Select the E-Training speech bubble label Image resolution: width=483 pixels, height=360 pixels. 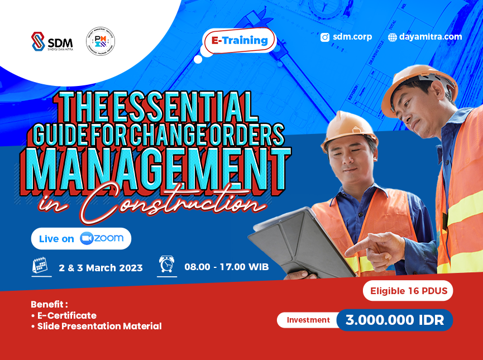[x=240, y=41]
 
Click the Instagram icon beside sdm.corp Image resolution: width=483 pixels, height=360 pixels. [x=325, y=37]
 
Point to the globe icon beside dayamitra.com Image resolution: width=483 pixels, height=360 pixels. [x=393, y=37]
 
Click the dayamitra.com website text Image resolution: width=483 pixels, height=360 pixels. [x=431, y=37]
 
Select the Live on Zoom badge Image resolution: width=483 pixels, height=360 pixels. [x=81, y=238]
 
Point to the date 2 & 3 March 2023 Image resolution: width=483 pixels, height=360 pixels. [x=101, y=268]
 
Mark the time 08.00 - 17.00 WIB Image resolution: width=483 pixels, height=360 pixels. [x=227, y=267]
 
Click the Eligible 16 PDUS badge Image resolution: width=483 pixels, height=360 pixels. [x=407, y=291]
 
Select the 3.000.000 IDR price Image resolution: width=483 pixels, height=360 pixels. [x=394, y=320]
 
